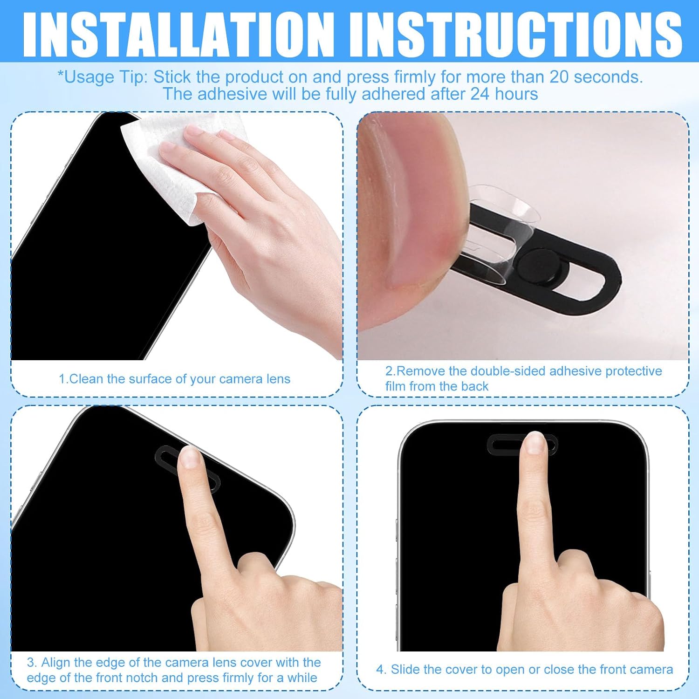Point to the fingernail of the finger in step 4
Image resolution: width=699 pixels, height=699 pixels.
coord(535,442)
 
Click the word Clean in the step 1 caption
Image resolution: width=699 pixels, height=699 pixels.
coord(86,379)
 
